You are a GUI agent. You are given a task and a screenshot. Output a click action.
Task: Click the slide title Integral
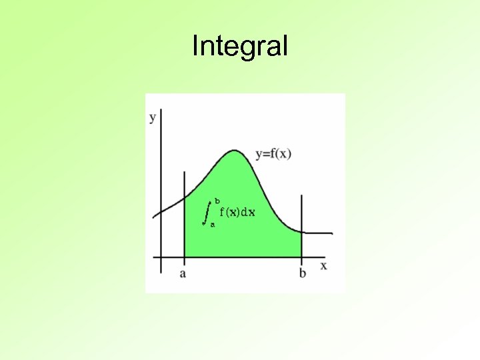(x=240, y=47)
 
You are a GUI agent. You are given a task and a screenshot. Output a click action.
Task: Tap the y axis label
(x=153, y=118)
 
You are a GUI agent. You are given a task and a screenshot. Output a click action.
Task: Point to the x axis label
(x=323, y=265)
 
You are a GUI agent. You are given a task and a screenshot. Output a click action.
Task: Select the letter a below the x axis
(x=183, y=273)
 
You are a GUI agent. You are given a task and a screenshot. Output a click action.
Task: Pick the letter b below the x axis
(x=303, y=273)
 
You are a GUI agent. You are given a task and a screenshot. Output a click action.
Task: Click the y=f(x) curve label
(x=273, y=154)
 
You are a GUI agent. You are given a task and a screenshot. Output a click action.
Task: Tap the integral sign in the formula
(x=207, y=212)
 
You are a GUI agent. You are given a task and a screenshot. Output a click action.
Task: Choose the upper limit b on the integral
(x=217, y=201)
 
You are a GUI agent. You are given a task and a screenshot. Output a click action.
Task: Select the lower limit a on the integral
(x=213, y=225)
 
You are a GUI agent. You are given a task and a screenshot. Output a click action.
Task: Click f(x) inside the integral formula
(x=230, y=212)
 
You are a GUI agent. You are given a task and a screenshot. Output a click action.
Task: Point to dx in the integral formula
(x=248, y=212)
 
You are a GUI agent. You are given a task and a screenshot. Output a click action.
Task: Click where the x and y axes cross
(x=161, y=257)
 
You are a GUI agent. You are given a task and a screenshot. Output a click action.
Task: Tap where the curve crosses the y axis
(x=161, y=211)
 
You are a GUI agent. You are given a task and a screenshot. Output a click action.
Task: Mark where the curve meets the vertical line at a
(x=185, y=198)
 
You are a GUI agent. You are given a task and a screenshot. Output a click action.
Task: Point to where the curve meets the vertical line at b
(x=302, y=232)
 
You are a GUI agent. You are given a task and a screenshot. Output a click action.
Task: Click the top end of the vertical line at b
(x=302, y=196)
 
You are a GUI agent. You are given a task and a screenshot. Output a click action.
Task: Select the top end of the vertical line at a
(x=185, y=172)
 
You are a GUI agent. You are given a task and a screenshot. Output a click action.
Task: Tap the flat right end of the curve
(x=331, y=233)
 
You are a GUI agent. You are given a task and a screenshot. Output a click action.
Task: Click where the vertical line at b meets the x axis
(x=302, y=257)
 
